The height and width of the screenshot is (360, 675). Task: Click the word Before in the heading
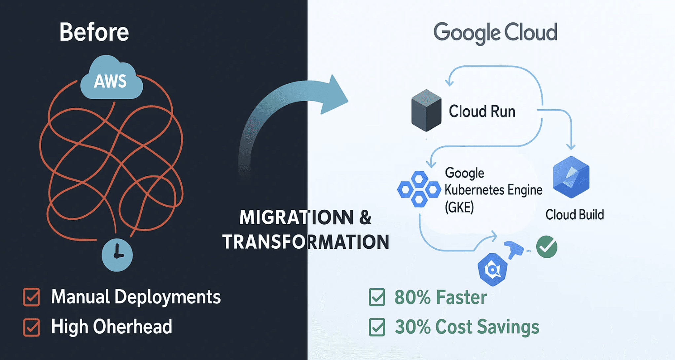tap(94, 32)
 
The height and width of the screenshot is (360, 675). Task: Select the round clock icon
tap(117, 255)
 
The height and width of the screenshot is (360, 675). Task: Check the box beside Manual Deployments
tap(32, 297)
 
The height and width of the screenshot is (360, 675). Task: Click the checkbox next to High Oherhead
tap(32, 327)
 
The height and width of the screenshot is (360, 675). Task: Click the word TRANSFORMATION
tap(305, 242)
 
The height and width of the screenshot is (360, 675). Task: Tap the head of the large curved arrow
tap(334, 96)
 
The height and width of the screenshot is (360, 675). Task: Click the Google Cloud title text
tap(495, 33)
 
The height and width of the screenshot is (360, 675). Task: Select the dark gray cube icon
tap(426, 110)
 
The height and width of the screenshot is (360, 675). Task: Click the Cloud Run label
tap(482, 111)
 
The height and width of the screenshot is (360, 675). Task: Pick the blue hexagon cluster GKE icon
tap(419, 189)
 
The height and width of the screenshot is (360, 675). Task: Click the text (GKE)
tap(459, 207)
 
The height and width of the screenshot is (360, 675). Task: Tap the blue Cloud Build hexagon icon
tap(571, 177)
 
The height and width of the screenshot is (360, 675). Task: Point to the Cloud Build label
tap(575, 215)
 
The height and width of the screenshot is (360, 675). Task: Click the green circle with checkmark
tap(547, 247)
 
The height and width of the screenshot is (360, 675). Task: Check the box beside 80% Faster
tap(377, 297)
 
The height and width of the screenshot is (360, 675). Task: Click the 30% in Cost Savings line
tap(413, 327)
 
